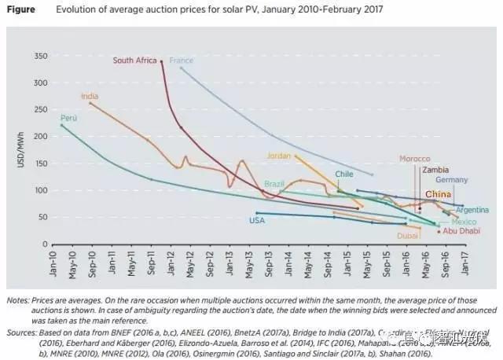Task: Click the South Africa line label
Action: click(135, 61)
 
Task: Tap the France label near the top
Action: click(181, 61)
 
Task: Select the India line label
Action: click(89, 96)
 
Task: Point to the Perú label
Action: click(69, 118)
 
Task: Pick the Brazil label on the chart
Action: click(274, 184)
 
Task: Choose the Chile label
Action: click(344, 174)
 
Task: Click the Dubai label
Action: click(408, 235)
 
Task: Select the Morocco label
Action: click(414, 159)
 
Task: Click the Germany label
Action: click(451, 180)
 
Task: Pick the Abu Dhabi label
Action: click(461, 231)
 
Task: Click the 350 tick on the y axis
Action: click(40, 56)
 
